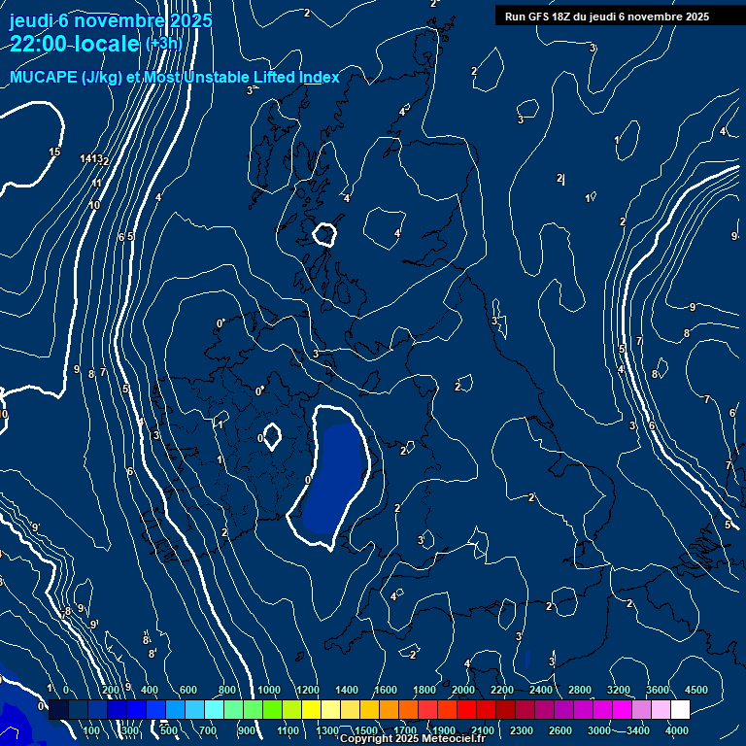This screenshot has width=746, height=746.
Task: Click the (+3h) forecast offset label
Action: (x=163, y=44)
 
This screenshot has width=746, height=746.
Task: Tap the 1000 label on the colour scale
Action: (x=269, y=690)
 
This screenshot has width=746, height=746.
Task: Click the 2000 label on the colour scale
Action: (x=463, y=690)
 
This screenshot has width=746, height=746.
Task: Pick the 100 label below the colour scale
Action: (x=93, y=730)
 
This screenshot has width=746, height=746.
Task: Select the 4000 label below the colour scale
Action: (x=677, y=730)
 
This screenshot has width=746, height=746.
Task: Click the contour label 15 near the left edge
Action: (x=54, y=152)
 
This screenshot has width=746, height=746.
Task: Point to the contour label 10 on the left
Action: (x=94, y=205)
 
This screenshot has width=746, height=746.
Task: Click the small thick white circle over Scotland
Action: (x=324, y=233)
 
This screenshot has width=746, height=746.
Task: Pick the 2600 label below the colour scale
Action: (x=560, y=730)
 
